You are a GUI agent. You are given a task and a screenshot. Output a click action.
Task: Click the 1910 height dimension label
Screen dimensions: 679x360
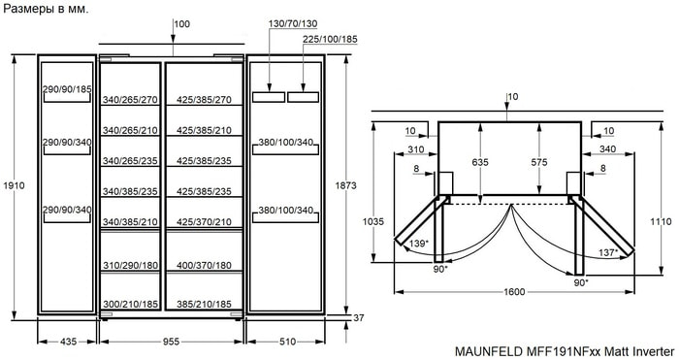[14, 185]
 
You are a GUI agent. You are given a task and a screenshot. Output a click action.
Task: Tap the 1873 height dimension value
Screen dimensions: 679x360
[345, 185]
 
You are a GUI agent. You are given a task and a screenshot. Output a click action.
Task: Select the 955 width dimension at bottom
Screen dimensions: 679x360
[171, 342]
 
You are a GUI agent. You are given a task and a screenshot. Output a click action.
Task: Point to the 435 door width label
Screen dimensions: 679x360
[68, 342]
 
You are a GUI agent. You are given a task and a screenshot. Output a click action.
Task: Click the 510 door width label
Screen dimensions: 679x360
[287, 342]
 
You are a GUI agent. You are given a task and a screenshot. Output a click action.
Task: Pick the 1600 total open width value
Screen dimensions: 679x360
[514, 291]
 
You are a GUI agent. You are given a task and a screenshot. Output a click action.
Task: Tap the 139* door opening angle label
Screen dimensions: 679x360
[419, 244]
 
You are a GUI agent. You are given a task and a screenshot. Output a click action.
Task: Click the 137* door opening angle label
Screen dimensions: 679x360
[608, 252]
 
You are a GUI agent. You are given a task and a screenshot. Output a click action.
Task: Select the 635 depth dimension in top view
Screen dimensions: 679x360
[480, 162]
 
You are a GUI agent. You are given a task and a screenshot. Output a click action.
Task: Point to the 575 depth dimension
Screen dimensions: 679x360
[539, 162]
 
